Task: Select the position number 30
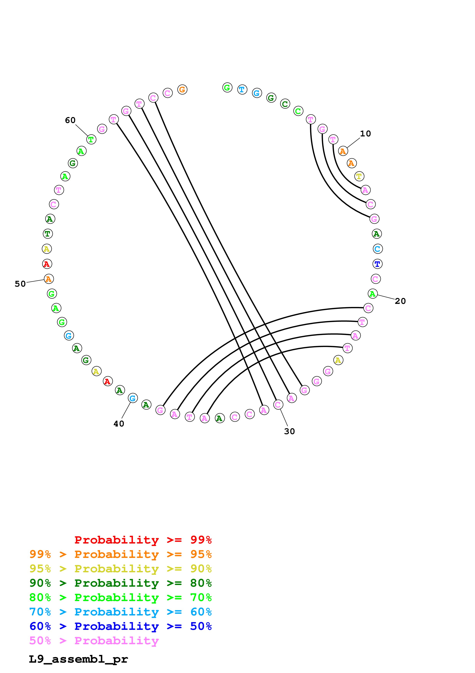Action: [x=289, y=431]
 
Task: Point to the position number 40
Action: [x=119, y=424]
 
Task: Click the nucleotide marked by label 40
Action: [x=133, y=398]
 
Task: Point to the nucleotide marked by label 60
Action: [x=91, y=139]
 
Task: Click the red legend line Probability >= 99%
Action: [x=143, y=540]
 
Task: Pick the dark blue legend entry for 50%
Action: [x=120, y=626]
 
